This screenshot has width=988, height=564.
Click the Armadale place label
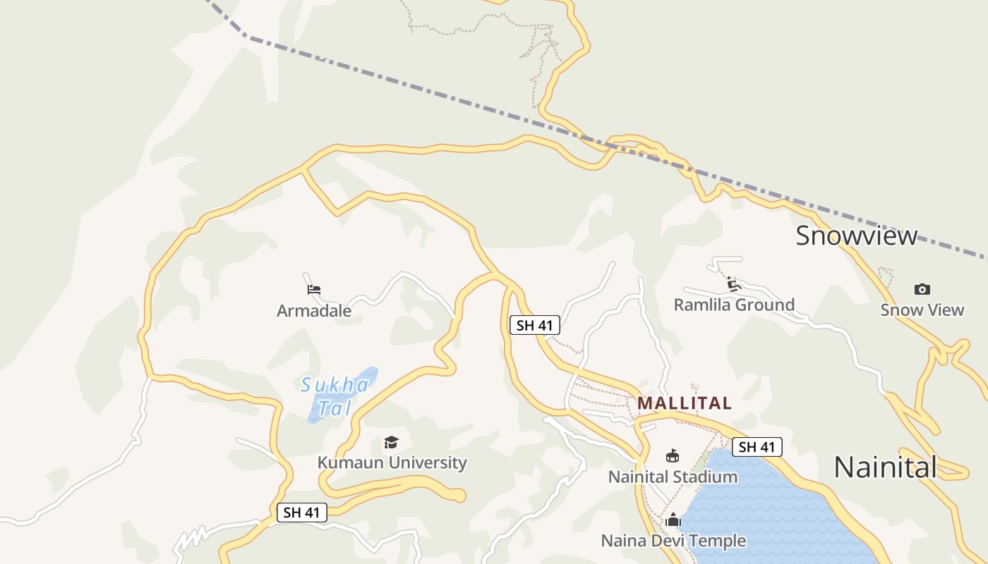click(x=314, y=310)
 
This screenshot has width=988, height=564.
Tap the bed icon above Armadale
click(x=314, y=289)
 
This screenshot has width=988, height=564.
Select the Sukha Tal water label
click(x=335, y=396)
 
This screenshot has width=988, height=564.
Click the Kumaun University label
click(x=392, y=462)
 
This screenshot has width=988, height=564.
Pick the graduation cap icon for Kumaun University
click(x=391, y=442)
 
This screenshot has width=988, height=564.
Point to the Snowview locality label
click(x=856, y=235)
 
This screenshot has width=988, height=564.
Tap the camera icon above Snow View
click(x=922, y=289)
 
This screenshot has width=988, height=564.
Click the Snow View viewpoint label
click(x=922, y=309)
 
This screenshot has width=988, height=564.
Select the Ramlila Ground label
click(x=734, y=305)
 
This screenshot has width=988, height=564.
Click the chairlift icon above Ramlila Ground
click(x=734, y=284)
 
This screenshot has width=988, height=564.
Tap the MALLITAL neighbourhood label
click(x=685, y=403)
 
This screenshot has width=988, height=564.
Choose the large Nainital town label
click(x=885, y=467)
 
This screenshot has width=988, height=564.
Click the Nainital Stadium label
click(x=673, y=477)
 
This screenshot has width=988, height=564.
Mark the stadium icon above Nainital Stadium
click(x=673, y=456)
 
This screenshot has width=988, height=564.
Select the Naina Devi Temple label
click(x=673, y=541)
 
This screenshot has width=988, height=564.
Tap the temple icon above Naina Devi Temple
click(x=673, y=520)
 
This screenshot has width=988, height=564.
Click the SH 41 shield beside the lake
click(x=757, y=447)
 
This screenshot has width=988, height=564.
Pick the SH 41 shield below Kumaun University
click(x=302, y=513)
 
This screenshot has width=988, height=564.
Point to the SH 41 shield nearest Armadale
click(x=534, y=325)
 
